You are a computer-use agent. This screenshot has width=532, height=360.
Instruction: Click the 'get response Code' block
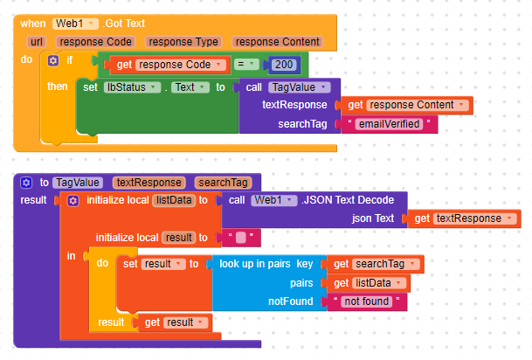(x=163, y=64)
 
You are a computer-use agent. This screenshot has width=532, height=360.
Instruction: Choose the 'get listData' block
(x=370, y=282)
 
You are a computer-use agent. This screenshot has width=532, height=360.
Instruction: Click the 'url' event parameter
(x=37, y=41)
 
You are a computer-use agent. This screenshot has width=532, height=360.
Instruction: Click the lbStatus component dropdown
(x=135, y=87)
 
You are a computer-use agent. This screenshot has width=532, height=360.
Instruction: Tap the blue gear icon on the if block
(x=54, y=59)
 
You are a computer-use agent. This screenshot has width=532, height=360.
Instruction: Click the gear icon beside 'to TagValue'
(x=26, y=183)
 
